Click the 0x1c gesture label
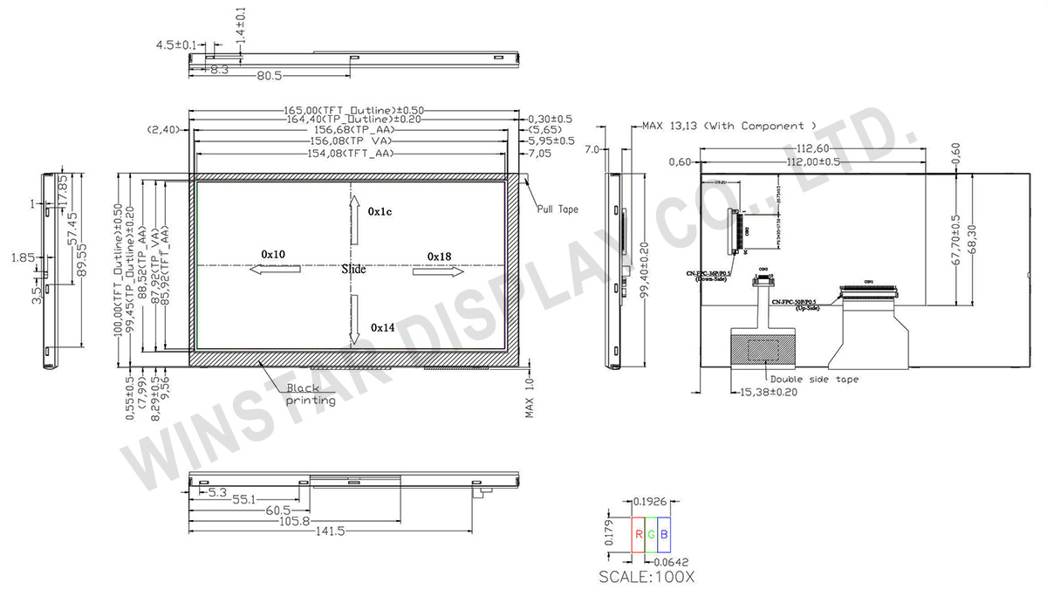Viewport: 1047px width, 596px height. pyautogui.click(x=380, y=212)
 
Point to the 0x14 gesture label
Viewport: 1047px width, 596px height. pyautogui.click(x=383, y=327)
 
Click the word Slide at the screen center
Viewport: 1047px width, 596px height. pyautogui.click(x=353, y=270)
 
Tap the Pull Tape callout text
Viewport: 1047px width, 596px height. pyautogui.click(x=557, y=209)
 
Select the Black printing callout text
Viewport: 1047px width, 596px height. pyautogui.click(x=311, y=394)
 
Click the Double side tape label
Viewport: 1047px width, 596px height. pyautogui.click(x=813, y=380)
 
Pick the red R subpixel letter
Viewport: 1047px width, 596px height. pyautogui.click(x=639, y=534)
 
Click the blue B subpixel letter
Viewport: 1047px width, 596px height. pyautogui.click(x=664, y=534)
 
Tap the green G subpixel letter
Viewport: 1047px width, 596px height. pyautogui.click(x=651, y=534)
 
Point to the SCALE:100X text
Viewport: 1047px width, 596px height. pyautogui.click(x=647, y=577)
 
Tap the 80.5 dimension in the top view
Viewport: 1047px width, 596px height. pyautogui.click(x=269, y=76)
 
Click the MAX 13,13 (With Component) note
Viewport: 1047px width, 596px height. pyautogui.click(x=729, y=126)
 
